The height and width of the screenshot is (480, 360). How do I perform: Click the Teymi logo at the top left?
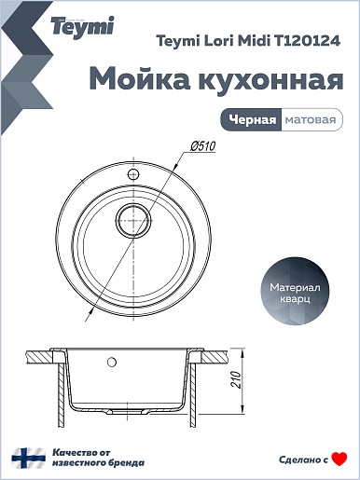coord(82,27)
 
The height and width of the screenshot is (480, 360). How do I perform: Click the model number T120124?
coord(306,41)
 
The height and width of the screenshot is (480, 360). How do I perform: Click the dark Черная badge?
coord(251,119)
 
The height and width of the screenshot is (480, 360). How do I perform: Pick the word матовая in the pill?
coord(311,119)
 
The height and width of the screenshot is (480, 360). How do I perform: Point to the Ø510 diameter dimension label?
coord(203,146)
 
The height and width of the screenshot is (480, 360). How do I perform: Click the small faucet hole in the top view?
coord(133,174)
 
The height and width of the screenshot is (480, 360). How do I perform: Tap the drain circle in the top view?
coord(133,221)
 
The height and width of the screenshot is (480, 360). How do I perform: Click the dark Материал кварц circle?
coord(295,294)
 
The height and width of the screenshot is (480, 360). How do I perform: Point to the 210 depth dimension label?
coord(237,378)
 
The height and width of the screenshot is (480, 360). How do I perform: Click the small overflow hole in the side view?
coord(112,362)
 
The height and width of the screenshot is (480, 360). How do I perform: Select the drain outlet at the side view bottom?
coord(128,410)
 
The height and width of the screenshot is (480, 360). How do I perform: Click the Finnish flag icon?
coord(29,458)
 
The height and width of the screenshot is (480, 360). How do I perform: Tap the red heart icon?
coord(339,459)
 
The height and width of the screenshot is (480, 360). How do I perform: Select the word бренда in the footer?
coord(127,463)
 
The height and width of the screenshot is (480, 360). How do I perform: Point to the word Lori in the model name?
coord(218,41)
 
